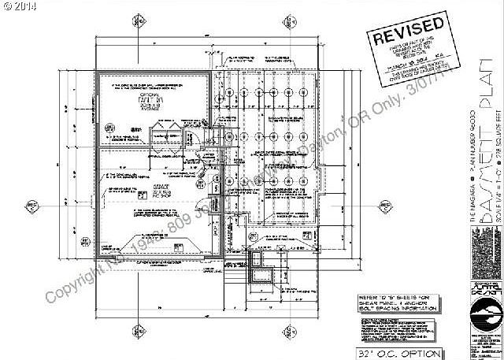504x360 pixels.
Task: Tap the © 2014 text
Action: point(19,6)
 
